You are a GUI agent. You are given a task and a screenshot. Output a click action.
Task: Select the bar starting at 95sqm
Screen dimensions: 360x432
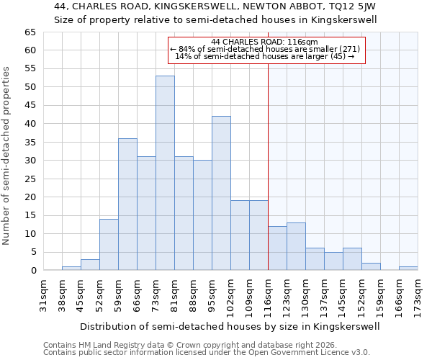[221, 193]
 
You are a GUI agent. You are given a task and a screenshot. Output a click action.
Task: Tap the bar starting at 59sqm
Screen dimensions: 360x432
[127, 204]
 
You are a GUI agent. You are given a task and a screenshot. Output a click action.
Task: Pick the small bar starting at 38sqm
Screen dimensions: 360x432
[71, 269]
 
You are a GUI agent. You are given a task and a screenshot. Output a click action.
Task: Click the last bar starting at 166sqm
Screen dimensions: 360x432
[408, 269]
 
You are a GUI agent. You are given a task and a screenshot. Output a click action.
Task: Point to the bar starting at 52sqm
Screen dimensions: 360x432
[109, 245]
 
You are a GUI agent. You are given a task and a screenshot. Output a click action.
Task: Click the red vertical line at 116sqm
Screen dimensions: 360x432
[268, 166]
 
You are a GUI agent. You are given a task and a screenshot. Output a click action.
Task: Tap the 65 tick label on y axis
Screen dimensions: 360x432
[30, 32]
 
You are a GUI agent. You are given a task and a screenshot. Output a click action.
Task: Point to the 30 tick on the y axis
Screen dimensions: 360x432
[30, 161]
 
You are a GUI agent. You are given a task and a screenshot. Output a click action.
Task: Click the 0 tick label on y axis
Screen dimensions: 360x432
[32, 271]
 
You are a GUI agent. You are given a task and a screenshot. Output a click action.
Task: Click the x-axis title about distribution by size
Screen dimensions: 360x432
[229, 326]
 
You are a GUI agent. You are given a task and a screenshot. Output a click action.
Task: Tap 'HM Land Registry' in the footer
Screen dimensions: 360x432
[101, 345]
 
